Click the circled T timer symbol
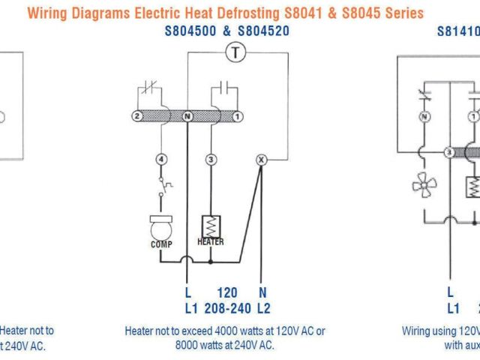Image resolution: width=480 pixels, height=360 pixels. (236, 52)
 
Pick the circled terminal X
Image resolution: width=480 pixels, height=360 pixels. (261, 159)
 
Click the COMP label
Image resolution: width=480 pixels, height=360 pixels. (160, 244)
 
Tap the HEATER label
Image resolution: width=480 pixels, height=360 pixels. (211, 241)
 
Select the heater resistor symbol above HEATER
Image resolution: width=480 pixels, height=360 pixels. (211, 225)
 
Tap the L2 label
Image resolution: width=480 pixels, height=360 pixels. (263, 307)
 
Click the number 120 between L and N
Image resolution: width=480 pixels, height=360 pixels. (226, 292)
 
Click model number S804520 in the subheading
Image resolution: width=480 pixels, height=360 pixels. (262, 31)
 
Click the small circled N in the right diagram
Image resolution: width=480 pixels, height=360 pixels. (424, 117)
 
